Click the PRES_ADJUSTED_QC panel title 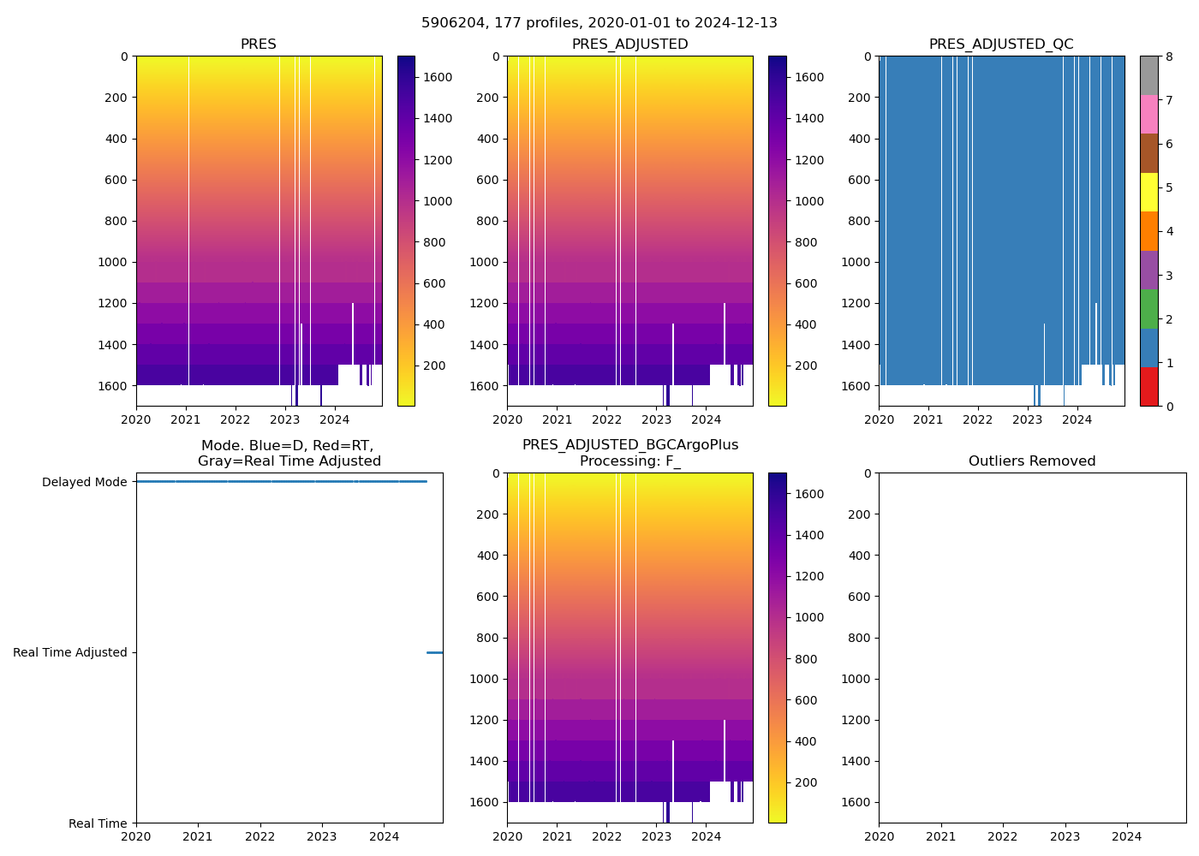point(1000,45)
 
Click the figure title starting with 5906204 point(599,23)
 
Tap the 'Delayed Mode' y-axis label point(84,482)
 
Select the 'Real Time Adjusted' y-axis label point(69,652)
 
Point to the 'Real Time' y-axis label point(98,823)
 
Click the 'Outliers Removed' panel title point(1031,461)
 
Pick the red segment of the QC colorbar point(1148,386)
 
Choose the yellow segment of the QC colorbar point(1148,192)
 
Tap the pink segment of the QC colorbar point(1148,114)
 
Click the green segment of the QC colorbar point(1148,308)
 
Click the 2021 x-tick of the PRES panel point(186,419)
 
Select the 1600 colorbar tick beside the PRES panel point(438,77)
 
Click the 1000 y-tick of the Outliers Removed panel point(856,679)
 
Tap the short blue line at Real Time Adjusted point(434,652)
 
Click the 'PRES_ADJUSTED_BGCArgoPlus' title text point(629,445)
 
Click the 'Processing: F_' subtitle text point(629,461)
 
